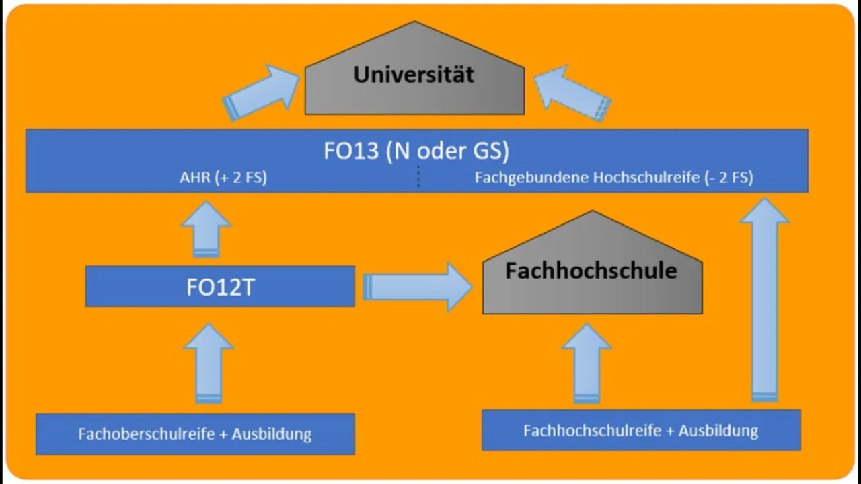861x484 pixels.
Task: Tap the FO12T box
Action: (x=220, y=287)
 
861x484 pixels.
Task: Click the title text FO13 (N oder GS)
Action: (x=416, y=151)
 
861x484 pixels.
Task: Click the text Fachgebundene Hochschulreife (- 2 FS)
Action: (x=613, y=178)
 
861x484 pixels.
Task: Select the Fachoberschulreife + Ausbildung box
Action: (x=195, y=434)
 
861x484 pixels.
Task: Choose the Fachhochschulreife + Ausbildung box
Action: (x=641, y=430)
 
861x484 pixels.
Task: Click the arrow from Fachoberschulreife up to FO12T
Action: (x=208, y=364)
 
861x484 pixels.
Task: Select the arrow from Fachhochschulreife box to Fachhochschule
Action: (x=587, y=364)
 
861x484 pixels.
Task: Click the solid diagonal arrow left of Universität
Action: (x=262, y=92)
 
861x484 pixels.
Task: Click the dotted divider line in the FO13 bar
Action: (x=418, y=176)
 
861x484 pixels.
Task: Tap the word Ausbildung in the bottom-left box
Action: (x=272, y=434)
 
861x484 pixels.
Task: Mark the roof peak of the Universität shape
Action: (x=414, y=23)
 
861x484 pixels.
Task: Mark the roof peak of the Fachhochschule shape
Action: (x=592, y=212)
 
